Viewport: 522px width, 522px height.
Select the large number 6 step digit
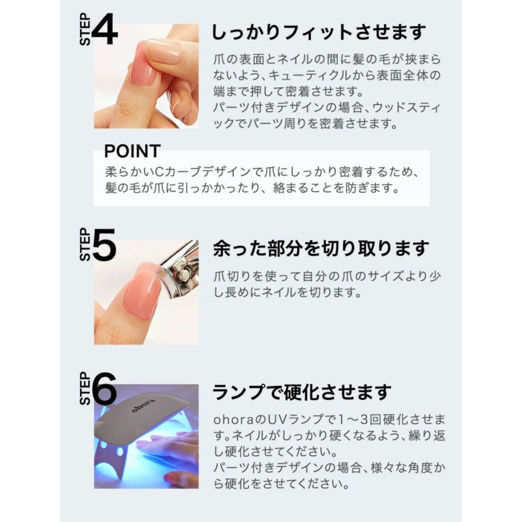[x=105, y=388]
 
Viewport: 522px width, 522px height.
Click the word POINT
[x=132, y=151]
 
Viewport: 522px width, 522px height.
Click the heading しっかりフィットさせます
[x=319, y=32]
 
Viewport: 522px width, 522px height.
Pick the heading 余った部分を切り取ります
[x=321, y=248]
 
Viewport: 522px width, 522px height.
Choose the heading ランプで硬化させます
[x=302, y=392]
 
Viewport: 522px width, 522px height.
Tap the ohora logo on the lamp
[x=143, y=405]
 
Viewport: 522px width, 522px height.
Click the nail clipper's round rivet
[x=182, y=275]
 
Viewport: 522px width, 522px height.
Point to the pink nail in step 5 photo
[x=142, y=290]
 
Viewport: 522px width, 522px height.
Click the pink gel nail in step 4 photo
[x=143, y=63]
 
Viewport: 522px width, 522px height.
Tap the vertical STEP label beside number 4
[x=85, y=29]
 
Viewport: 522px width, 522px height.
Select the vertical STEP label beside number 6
[x=85, y=388]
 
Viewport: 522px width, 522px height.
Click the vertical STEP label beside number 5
[x=85, y=244]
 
